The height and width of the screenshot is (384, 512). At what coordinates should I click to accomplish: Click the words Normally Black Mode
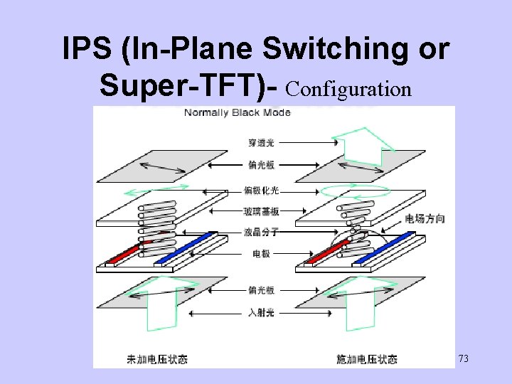pos(238,112)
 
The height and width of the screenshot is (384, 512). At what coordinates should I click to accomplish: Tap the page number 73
pos(463,358)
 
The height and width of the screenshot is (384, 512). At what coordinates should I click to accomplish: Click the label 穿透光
pos(261,143)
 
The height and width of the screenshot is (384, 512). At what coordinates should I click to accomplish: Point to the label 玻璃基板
pos(261,211)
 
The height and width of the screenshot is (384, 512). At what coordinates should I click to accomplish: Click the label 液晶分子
pos(261,233)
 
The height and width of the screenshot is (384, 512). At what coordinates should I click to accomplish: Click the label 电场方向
pos(425,218)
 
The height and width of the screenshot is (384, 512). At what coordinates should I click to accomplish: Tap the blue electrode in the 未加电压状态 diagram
pos(176,251)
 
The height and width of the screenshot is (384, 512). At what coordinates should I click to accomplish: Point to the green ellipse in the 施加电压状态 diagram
pos(354,191)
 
